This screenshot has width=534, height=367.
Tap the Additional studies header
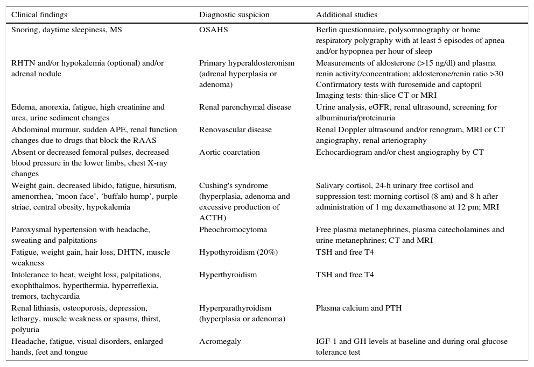347,15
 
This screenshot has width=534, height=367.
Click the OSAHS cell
213,30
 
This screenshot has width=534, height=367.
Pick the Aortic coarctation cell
229,153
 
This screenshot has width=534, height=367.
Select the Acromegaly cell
220,342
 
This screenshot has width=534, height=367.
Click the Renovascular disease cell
235,130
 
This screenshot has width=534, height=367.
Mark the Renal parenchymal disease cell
245,107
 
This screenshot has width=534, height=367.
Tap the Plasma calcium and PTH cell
359,308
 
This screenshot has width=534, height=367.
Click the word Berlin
326,30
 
